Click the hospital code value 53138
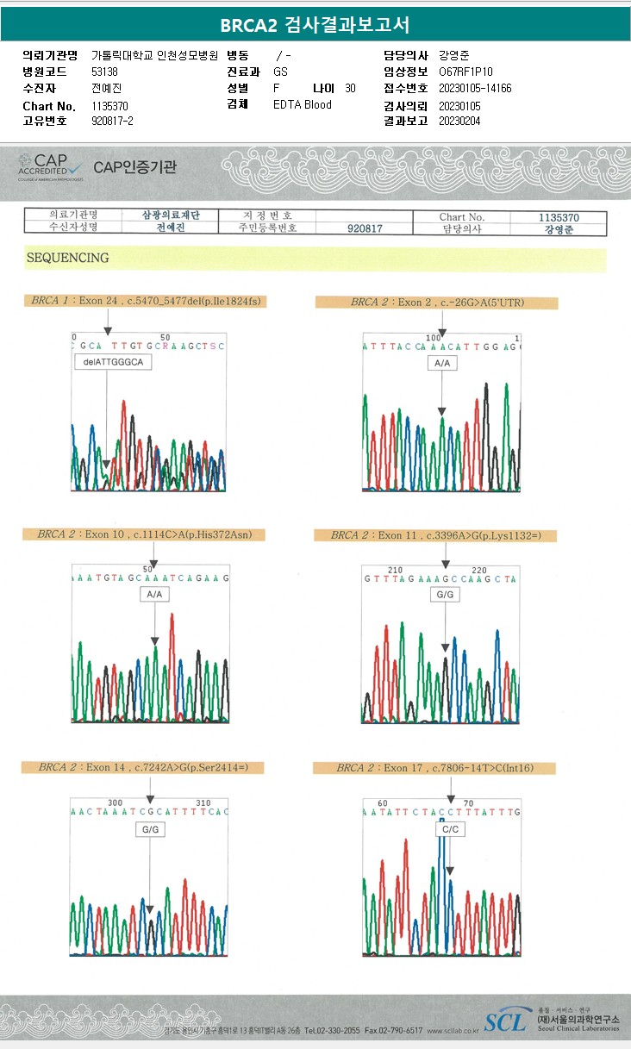pyautogui.click(x=104, y=72)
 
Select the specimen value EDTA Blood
pyautogui.click(x=303, y=104)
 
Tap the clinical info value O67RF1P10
pyautogui.click(x=465, y=72)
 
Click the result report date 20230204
pyautogui.click(x=459, y=121)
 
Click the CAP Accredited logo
pyautogui.click(x=51, y=166)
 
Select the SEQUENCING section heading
pyautogui.click(x=68, y=258)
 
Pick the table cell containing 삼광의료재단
pyautogui.click(x=171, y=215)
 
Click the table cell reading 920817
pyautogui.click(x=364, y=228)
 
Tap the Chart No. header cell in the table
pyautogui.click(x=462, y=217)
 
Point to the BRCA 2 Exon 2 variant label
pyautogui.click(x=437, y=303)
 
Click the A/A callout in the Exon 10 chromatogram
pyautogui.click(x=155, y=595)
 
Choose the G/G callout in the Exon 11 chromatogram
pyautogui.click(x=445, y=596)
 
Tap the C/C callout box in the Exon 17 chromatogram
pyautogui.click(x=450, y=829)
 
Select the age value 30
pyautogui.click(x=350, y=88)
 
